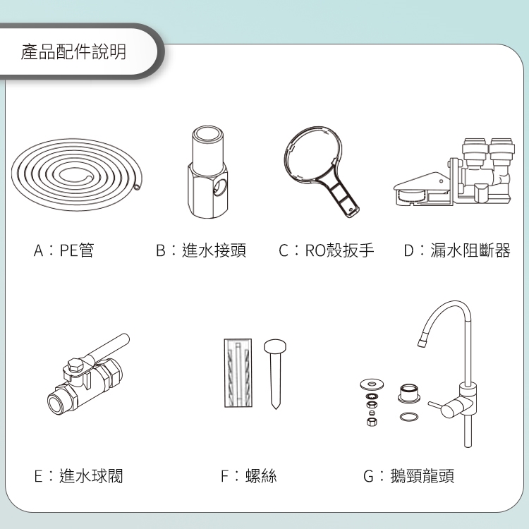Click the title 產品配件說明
(x=73, y=51)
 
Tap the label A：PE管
(x=63, y=250)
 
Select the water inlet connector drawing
(x=207, y=172)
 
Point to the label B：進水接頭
(x=201, y=250)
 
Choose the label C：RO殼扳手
(x=327, y=250)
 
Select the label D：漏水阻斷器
(x=457, y=250)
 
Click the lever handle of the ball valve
(x=108, y=347)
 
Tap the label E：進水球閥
(x=78, y=476)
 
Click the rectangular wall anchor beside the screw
(x=238, y=373)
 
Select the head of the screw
(x=275, y=346)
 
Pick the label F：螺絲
(x=249, y=476)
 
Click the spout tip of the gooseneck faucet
(x=421, y=343)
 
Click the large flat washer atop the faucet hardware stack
(x=372, y=384)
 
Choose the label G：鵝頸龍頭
(x=408, y=476)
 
